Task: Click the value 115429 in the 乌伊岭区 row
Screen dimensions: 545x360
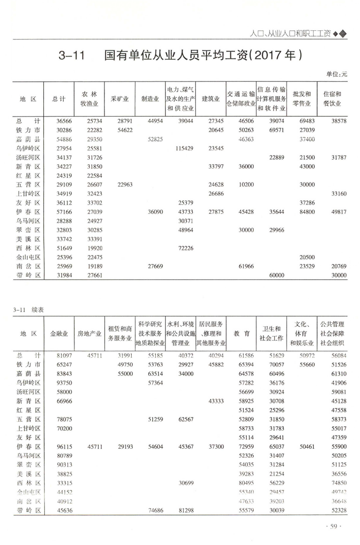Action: pos(183,148)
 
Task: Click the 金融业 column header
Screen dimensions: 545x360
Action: pos(60,333)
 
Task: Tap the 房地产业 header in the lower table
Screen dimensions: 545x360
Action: pos(89,333)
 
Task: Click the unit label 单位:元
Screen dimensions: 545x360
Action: pos(337,75)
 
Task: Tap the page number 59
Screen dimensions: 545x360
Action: pos(334,526)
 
